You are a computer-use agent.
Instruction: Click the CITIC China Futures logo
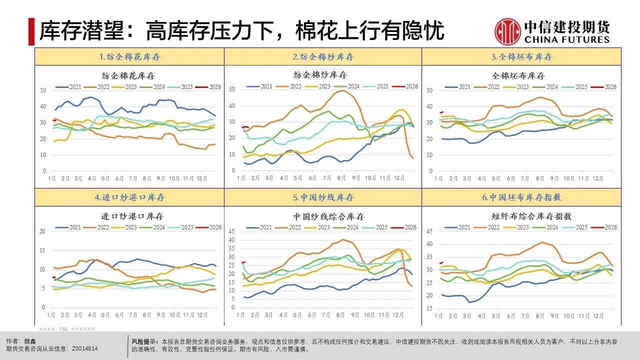tap(552, 31)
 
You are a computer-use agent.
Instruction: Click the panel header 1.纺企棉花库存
tap(129, 57)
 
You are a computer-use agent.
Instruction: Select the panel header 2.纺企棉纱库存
tap(323, 57)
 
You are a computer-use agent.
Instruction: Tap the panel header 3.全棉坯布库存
tap(521, 57)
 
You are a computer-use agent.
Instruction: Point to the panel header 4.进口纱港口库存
tap(129, 197)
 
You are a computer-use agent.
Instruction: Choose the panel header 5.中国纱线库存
tap(323, 197)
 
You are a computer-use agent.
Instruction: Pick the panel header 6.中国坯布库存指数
tap(521, 197)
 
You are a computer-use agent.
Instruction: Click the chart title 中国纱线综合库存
tap(328, 216)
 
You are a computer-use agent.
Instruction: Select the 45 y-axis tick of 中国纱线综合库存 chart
tap(231, 231)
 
